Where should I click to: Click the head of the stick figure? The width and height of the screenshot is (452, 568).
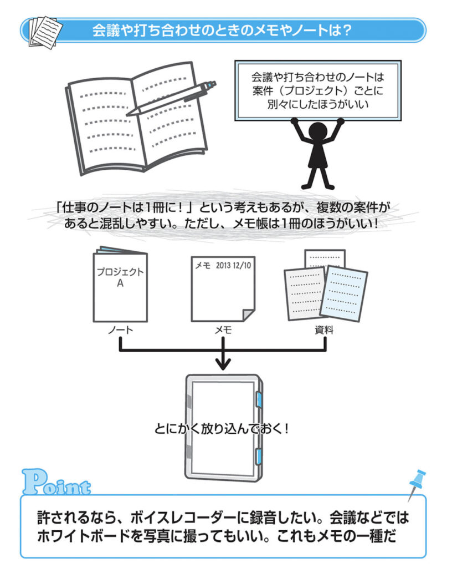318,133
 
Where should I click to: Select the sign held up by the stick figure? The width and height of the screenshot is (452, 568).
318,89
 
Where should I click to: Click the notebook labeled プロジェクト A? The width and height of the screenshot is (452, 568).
120,286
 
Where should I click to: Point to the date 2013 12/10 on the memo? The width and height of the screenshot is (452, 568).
232,266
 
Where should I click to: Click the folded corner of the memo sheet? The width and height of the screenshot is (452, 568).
248,316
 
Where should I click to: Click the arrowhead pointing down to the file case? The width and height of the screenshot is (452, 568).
223,364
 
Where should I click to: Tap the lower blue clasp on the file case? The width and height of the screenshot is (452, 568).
259,456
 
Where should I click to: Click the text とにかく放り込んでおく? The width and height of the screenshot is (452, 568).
223,429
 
